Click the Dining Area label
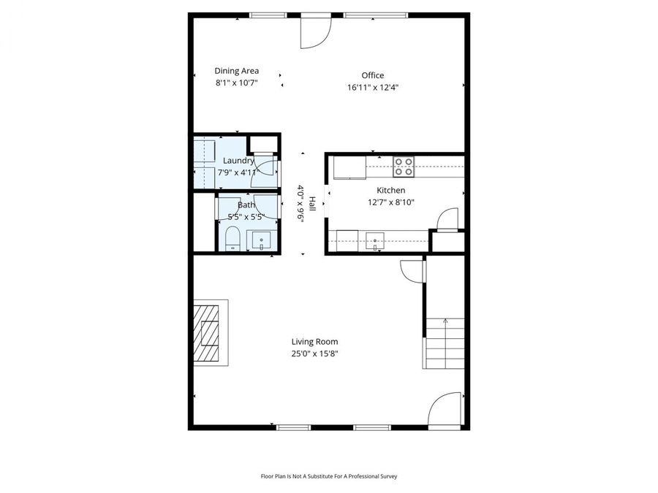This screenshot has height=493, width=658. point(236,71)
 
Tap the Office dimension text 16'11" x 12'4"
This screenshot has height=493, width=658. point(372,87)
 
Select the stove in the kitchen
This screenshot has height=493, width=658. point(404,167)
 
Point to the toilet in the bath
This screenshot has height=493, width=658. point(232,239)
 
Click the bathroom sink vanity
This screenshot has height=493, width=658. point(262,240)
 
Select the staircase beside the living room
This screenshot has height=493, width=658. point(445,343)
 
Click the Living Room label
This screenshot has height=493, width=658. point(314,341)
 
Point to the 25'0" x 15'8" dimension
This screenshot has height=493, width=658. point(314,353)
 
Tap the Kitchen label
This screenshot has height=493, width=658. point(391,190)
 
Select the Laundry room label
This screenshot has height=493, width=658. point(238,161)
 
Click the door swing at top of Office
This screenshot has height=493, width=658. point(316,32)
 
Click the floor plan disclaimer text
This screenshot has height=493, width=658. point(329,476)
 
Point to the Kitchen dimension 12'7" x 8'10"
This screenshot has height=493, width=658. point(391,202)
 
